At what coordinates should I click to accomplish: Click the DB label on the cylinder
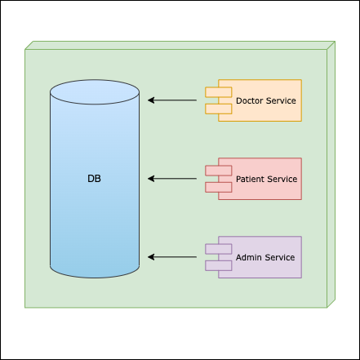point(94,179)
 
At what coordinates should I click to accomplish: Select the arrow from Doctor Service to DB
point(172,100)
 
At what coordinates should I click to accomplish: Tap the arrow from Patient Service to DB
point(172,179)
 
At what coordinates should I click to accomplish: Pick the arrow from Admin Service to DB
point(172,257)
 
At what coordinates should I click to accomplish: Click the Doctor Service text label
point(266,100)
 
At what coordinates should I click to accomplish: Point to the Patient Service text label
point(266,179)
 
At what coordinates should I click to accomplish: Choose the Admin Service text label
point(265,257)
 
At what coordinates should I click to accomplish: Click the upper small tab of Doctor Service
point(219,92)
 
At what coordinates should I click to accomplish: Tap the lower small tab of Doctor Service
point(219,109)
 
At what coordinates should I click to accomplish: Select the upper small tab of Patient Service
point(219,171)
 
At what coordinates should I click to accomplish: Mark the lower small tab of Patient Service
point(219,187)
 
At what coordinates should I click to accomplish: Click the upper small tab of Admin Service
point(219,249)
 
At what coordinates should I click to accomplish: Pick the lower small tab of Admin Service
point(219,265)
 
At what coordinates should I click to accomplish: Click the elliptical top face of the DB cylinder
point(95,92)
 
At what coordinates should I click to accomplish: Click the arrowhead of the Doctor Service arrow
point(151,100)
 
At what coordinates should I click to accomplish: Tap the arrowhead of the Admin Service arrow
point(151,257)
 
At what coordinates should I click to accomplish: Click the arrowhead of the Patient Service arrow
point(151,179)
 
